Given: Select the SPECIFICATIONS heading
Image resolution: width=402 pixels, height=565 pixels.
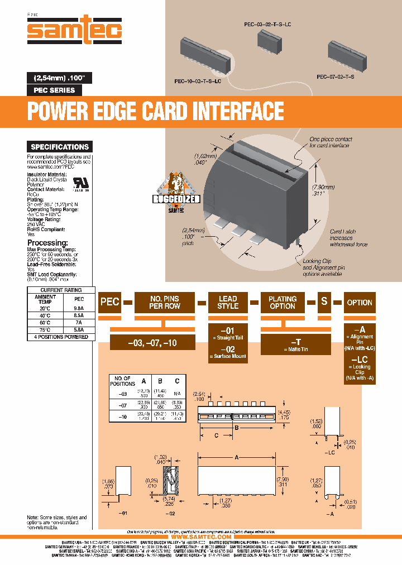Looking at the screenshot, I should coord(60,147).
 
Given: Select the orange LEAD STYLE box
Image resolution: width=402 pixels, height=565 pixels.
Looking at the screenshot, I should coord(228,302).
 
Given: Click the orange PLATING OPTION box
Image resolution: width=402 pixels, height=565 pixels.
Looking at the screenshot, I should coord(283,302).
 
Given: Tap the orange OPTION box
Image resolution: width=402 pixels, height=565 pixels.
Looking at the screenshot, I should coord(359,302).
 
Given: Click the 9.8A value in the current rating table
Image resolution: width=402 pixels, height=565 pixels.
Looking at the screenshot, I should coord(78,307).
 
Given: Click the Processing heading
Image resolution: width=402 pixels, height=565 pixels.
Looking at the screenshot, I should coord(48,243).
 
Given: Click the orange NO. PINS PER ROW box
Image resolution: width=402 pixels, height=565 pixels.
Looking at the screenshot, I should coord(164,302).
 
